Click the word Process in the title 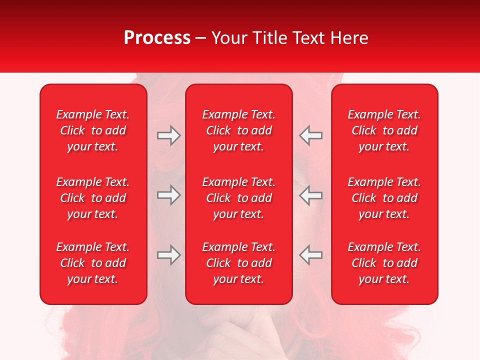[157, 38]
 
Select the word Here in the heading [348, 38]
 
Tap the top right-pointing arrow [168, 135]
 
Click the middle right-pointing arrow [168, 195]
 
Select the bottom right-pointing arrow [168, 255]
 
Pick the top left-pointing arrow [311, 135]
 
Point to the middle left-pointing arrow [311, 195]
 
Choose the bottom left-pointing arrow [311, 255]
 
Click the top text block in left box [93, 130]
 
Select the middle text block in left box [93, 198]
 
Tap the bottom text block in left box [93, 263]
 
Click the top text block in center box [239, 130]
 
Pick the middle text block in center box [239, 198]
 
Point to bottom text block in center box [239, 263]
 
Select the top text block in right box [384, 130]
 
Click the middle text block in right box [384, 198]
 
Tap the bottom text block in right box [384, 263]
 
